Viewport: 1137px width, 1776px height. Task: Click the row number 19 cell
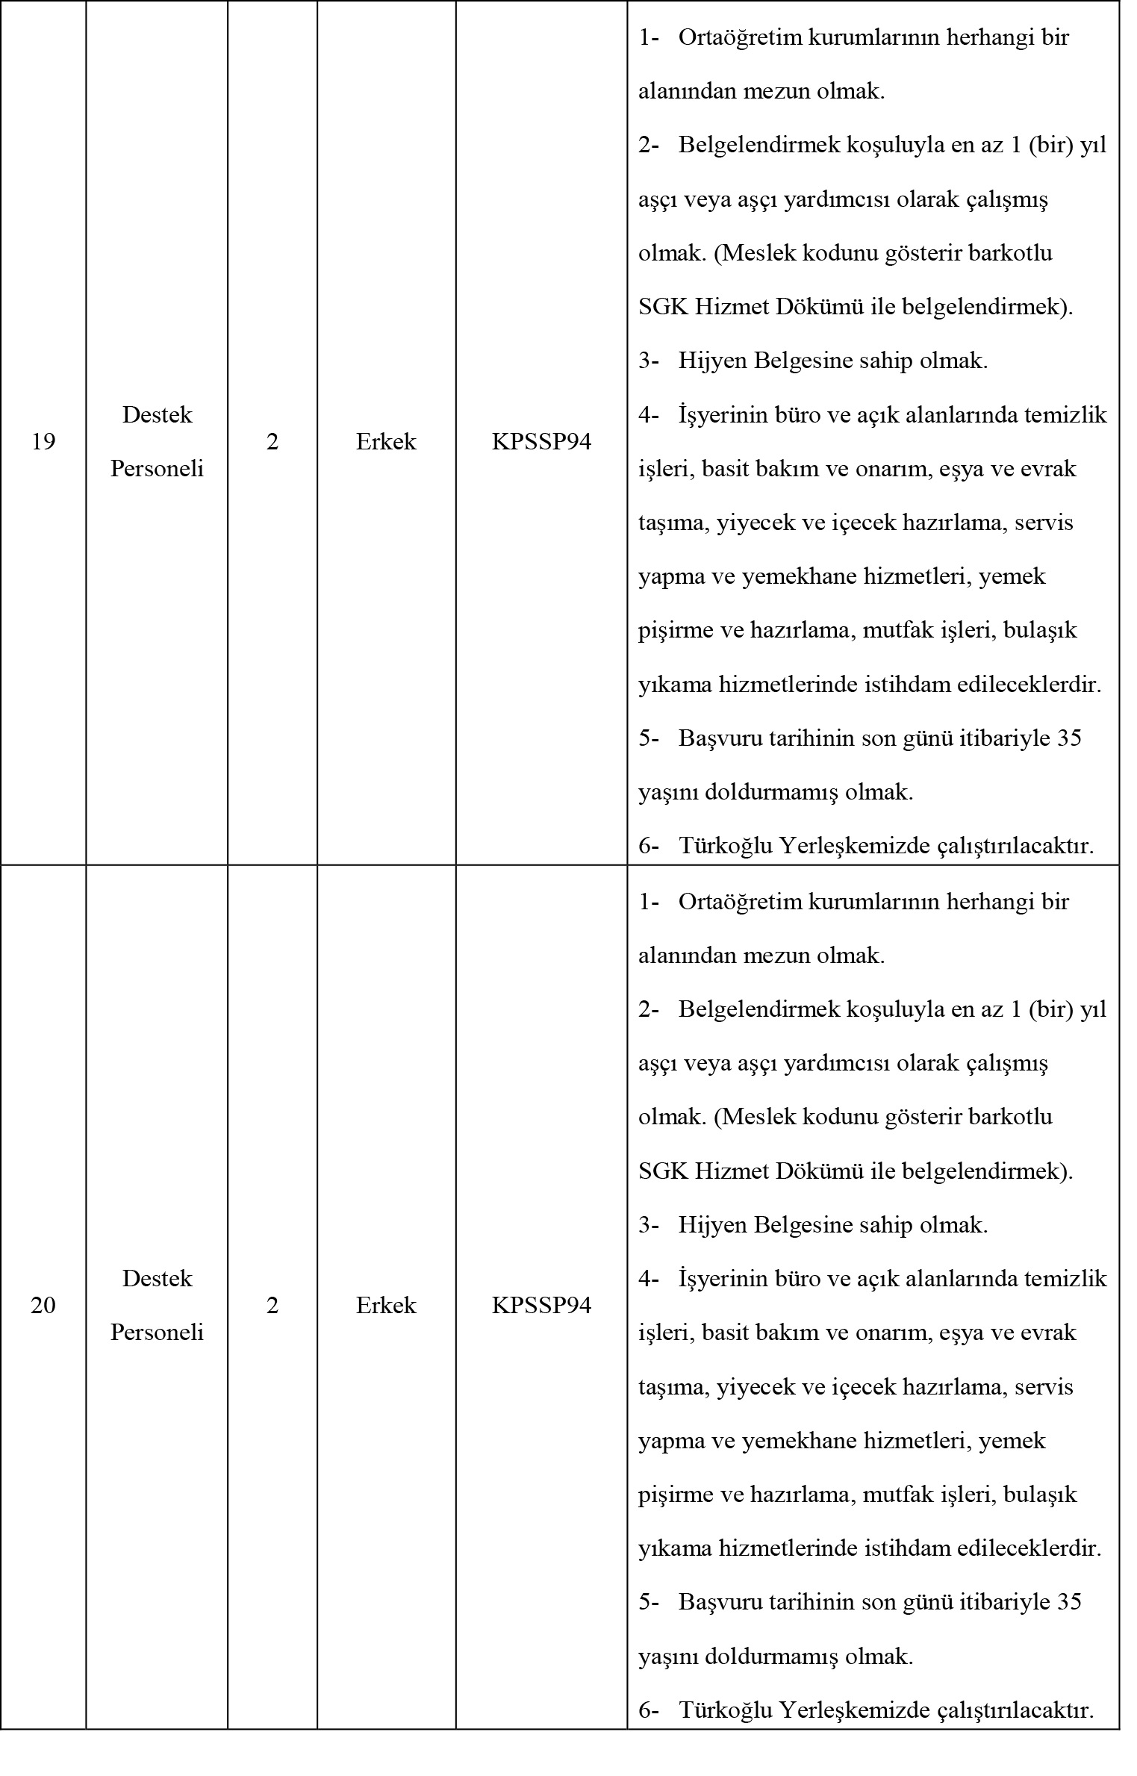[43, 442]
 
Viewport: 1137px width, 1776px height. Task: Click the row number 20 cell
[43, 1306]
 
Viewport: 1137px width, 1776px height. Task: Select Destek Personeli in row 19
[157, 442]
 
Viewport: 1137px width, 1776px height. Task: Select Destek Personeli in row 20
[157, 1306]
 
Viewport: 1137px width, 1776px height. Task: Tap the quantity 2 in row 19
[272, 442]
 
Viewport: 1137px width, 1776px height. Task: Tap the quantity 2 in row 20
[272, 1306]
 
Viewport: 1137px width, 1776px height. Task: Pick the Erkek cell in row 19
[386, 442]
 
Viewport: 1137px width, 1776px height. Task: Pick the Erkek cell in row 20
[386, 1306]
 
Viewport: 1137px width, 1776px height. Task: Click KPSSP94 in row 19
[541, 442]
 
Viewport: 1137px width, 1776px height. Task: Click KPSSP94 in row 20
[541, 1306]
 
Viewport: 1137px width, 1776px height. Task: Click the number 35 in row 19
[1069, 738]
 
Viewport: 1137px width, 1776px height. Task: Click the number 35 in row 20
[1069, 1602]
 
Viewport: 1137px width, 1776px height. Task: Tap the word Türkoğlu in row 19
[726, 847]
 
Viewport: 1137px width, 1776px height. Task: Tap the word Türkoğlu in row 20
[726, 1710]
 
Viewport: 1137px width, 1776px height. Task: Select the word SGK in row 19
[663, 308]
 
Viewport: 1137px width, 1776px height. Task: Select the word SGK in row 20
[663, 1171]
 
